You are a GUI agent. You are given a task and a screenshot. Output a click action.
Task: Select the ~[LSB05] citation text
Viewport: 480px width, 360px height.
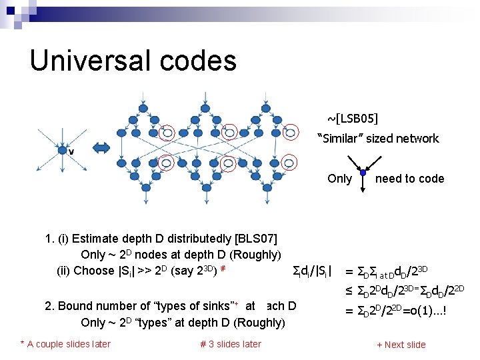click(x=352, y=119)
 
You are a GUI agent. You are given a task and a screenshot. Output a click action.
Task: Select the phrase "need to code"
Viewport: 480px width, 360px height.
click(x=409, y=178)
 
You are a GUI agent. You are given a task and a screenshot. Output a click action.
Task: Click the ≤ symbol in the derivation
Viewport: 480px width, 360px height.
click(x=349, y=289)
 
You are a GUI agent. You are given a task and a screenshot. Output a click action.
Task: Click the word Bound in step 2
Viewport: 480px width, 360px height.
click(x=77, y=306)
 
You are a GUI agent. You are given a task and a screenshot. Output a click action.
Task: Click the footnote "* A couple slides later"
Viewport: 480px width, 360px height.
click(x=65, y=344)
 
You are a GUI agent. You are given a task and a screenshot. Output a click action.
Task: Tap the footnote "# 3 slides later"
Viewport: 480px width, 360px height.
click(x=231, y=344)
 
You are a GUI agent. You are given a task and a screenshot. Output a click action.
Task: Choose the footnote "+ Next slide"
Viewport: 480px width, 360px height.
click(x=401, y=345)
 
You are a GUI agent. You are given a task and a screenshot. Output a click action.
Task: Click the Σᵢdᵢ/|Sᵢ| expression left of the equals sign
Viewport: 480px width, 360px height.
click(x=313, y=271)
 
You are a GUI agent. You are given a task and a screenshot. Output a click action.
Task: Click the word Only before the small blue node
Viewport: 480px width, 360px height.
click(x=339, y=178)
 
